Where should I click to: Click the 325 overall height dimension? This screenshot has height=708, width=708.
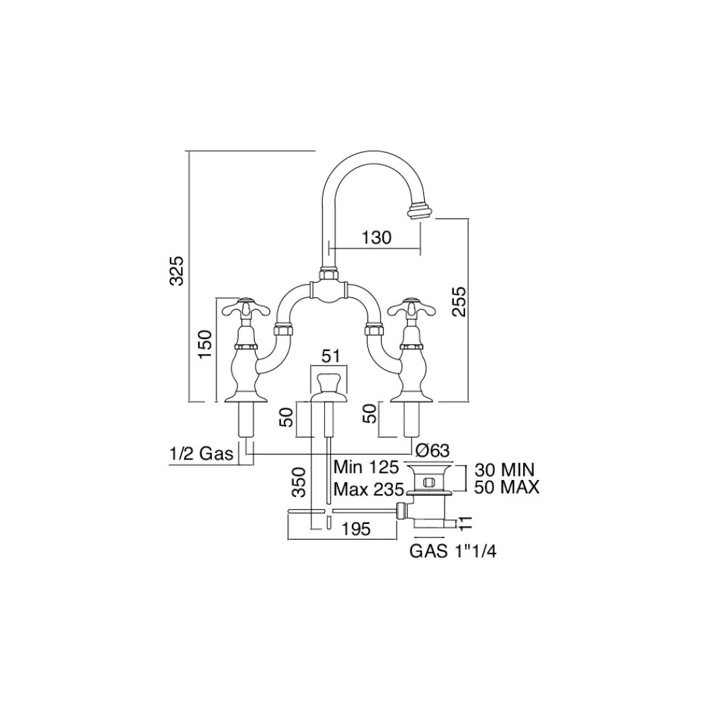(180, 270)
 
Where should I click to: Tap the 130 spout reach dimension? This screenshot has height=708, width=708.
(377, 238)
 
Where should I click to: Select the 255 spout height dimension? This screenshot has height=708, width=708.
(459, 302)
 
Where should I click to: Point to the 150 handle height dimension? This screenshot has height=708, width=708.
(205, 344)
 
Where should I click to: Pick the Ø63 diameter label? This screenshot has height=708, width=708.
(433, 450)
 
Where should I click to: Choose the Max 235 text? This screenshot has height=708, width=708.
(367, 488)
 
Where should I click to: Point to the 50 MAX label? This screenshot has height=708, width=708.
(506, 487)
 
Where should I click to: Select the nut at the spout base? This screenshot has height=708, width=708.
(328, 273)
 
